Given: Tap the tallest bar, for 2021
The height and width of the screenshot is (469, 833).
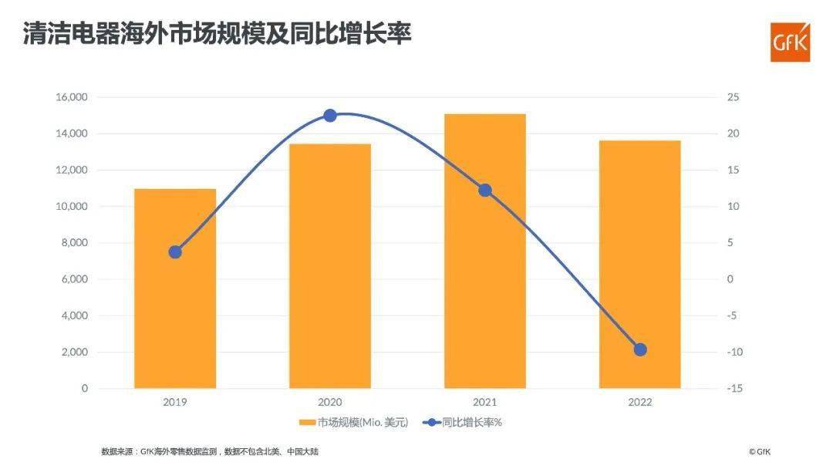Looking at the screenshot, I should tap(485, 251).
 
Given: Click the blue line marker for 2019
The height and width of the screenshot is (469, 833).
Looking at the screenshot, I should tap(175, 252).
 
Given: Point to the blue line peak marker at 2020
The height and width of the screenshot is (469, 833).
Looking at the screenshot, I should tap(330, 116).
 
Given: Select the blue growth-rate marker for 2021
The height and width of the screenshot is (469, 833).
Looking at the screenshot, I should tap(485, 191).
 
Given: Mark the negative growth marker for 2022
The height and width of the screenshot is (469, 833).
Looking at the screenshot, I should tap(640, 349).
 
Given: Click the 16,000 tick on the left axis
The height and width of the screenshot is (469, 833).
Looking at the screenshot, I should tap(71, 97).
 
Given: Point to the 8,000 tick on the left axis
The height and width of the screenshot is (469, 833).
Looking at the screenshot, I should tap(74, 243).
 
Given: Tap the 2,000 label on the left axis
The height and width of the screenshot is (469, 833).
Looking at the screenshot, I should tap(74, 353).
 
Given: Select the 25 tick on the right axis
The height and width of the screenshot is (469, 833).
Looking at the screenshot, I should tap(733, 97).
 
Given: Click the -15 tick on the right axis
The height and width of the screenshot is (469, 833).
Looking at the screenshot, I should tap(734, 389).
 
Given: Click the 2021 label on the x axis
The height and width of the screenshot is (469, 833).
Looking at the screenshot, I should tap(485, 403).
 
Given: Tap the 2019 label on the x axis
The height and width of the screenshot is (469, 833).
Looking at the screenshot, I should tap(175, 403).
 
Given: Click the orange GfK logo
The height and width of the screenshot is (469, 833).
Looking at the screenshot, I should tap(791, 42).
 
